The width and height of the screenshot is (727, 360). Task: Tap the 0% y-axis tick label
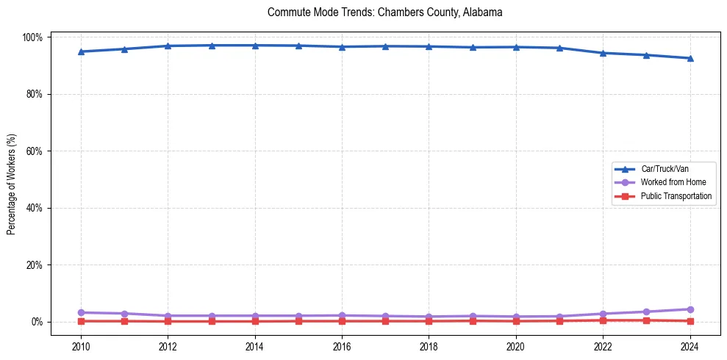tap(37, 322)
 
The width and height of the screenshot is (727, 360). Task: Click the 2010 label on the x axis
tap(81, 346)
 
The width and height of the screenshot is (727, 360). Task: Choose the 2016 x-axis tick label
tap(342, 346)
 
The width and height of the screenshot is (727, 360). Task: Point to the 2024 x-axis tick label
tap(690, 346)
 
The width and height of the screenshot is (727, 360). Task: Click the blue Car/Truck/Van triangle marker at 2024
tap(690, 58)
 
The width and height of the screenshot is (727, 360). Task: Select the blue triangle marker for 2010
tap(81, 51)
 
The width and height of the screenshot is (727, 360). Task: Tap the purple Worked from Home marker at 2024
tap(690, 309)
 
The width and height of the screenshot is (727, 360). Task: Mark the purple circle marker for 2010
tap(81, 313)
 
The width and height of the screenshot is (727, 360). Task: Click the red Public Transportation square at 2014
tap(255, 321)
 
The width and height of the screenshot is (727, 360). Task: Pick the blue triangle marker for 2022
tap(603, 53)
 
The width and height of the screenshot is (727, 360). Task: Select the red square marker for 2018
tap(429, 321)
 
